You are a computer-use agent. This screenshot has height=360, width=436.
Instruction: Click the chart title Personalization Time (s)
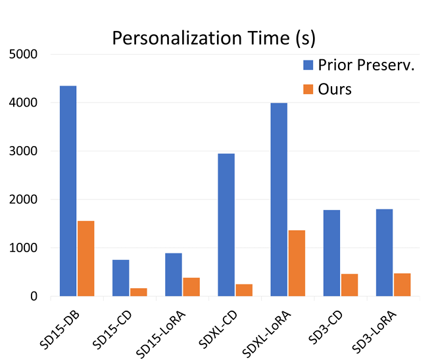(214, 38)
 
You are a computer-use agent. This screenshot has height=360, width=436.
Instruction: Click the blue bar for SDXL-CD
(226, 224)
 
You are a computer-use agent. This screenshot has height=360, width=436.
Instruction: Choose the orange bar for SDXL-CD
(244, 290)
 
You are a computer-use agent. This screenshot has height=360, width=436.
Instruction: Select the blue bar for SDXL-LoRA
(279, 199)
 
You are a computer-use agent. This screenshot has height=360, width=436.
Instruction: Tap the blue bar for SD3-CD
(331, 253)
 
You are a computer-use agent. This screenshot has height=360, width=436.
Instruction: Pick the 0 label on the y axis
(32, 297)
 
